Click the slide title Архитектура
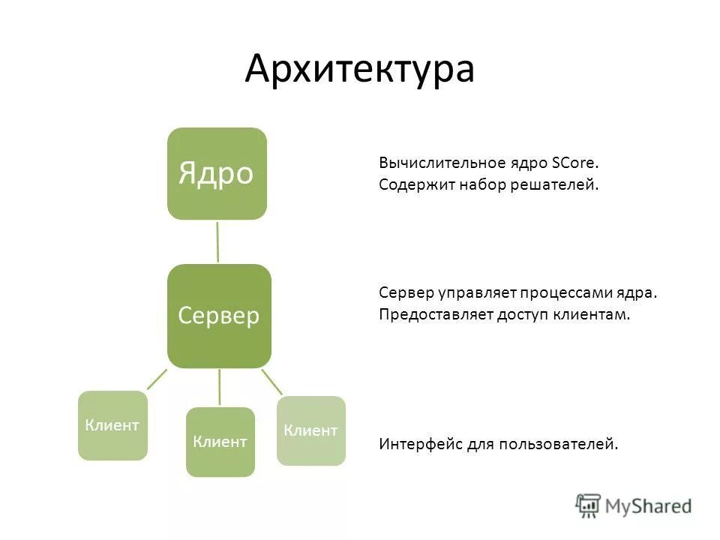click(359, 69)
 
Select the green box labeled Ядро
click(217, 173)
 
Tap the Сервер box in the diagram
click(219, 316)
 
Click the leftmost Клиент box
click(112, 425)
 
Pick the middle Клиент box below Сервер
click(220, 442)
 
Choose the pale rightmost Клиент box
click(311, 430)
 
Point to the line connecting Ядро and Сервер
click(217, 241)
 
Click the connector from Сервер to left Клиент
click(157, 379)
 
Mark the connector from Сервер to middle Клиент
click(220, 387)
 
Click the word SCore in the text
click(575, 163)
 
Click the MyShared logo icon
click(588, 505)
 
